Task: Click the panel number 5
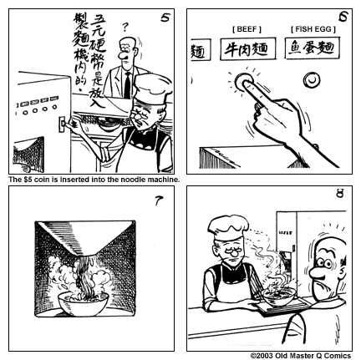[162, 16]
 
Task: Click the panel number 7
[159, 200]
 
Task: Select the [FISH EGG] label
[310, 29]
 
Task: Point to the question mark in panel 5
[125, 27]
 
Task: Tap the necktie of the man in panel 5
[128, 83]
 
